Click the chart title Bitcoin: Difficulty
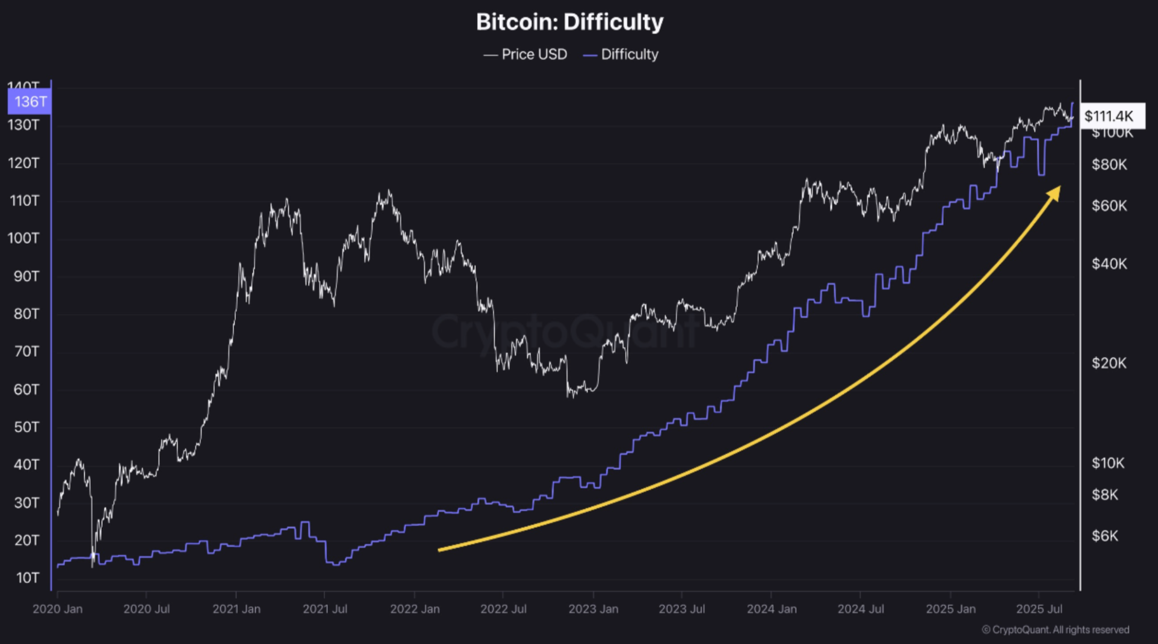569,22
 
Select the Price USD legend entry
525,55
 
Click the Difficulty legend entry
621,55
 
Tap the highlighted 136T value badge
29,102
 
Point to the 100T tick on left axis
23,238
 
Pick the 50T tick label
26,427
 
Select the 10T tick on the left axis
27,578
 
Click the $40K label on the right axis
1109,264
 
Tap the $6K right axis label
1105,536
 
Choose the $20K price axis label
1109,363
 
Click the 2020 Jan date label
58,609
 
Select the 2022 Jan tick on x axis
415,609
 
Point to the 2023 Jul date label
681,609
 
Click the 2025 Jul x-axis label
1039,609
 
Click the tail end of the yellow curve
441,550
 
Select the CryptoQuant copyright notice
1055,630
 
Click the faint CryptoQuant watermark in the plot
565,331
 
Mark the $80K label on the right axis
1109,164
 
